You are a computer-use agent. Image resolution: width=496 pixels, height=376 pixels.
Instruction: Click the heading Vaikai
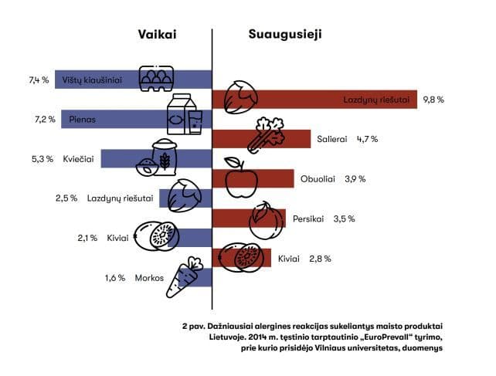click(x=158, y=35)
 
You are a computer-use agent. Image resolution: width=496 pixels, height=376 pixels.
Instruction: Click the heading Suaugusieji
click(x=285, y=35)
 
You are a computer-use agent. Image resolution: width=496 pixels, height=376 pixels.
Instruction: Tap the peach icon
click(x=265, y=220)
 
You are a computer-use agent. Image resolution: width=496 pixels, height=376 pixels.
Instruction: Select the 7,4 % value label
click(x=39, y=80)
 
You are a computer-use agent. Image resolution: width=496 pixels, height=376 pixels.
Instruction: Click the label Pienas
click(x=80, y=120)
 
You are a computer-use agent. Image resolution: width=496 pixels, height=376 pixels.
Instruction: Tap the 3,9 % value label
click(x=354, y=179)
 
